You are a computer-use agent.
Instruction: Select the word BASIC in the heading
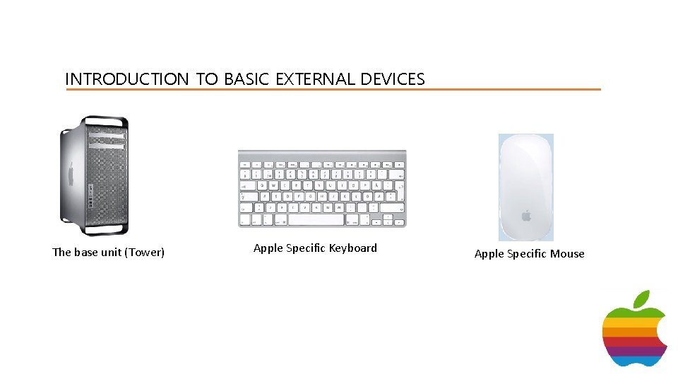point(246,79)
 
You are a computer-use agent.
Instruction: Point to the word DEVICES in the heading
point(392,79)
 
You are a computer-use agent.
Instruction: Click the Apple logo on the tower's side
point(70,174)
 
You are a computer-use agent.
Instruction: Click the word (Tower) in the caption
point(144,253)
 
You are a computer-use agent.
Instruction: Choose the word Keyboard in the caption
point(353,248)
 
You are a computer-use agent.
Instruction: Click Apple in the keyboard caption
point(268,248)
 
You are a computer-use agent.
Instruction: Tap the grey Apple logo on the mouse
point(526,214)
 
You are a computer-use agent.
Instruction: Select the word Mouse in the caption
point(567,254)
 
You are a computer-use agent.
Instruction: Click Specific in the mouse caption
point(527,254)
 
